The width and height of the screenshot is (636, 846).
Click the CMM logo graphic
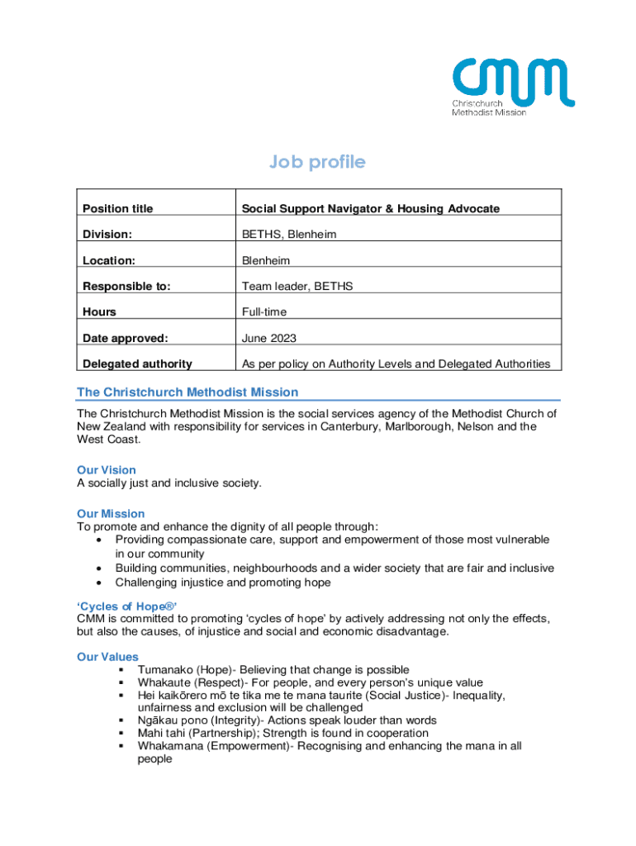click(x=512, y=85)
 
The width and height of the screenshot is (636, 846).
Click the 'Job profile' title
click(x=317, y=163)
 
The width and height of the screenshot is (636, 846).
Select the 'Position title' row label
click(x=117, y=209)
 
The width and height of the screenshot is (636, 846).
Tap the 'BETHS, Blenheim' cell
click(x=289, y=235)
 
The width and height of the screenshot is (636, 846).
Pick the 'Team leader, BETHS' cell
click(x=297, y=287)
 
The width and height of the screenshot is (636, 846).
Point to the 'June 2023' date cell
click(x=268, y=338)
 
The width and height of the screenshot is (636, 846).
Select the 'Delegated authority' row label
click(x=137, y=364)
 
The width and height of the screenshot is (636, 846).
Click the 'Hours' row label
click(x=99, y=312)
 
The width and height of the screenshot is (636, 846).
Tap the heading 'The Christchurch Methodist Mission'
click(x=187, y=392)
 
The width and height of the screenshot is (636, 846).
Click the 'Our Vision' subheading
click(x=107, y=470)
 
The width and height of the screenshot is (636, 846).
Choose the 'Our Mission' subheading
click(x=111, y=514)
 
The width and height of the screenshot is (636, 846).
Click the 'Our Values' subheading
click(x=107, y=657)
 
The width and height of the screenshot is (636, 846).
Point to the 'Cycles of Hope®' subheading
click(x=127, y=605)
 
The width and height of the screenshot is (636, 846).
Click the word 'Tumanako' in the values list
click(x=164, y=669)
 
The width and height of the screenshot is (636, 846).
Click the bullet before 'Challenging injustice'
click(x=99, y=582)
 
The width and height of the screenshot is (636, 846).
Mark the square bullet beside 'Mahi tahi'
click(x=121, y=733)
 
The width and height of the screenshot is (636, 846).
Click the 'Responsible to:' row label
click(x=126, y=287)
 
